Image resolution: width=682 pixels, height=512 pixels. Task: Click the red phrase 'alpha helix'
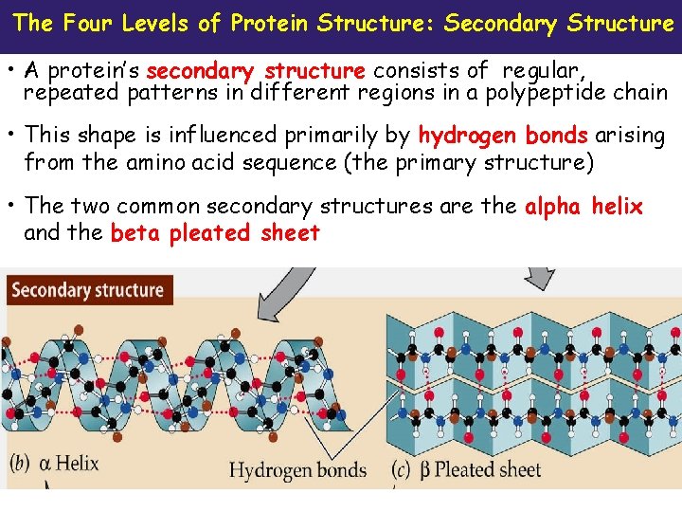583,207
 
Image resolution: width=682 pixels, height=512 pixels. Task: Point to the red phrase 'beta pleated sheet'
215,233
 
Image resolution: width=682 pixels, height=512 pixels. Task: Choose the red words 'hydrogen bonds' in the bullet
503,137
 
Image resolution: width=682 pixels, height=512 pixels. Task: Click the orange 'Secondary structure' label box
87,290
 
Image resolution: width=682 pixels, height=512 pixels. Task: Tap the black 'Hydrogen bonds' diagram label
297,469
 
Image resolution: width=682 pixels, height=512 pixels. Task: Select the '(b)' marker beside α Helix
22,464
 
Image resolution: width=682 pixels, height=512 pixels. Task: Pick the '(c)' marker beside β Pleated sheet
402,469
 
